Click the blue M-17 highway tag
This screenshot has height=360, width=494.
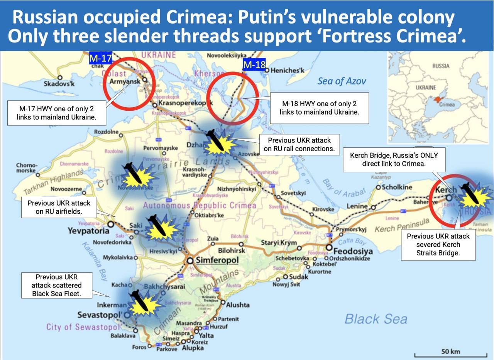click(x=100, y=58)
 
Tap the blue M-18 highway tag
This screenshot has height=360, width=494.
click(x=254, y=65)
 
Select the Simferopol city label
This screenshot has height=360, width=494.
click(x=217, y=260)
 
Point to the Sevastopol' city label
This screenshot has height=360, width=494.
click(x=100, y=315)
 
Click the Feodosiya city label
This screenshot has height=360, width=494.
click(x=350, y=248)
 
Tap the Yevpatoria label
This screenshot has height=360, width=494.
click(x=88, y=231)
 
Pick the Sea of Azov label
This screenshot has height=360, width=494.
click(x=342, y=81)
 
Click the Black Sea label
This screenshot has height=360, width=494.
click(x=376, y=319)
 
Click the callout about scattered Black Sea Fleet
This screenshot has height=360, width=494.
click(x=57, y=285)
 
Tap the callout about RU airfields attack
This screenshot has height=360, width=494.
click(x=59, y=207)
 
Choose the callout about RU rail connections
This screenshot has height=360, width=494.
click(x=299, y=144)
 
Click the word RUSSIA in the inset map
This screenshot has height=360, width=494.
click(x=441, y=66)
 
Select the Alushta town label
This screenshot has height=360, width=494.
click(x=238, y=305)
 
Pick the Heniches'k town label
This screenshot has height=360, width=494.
click(x=288, y=71)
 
